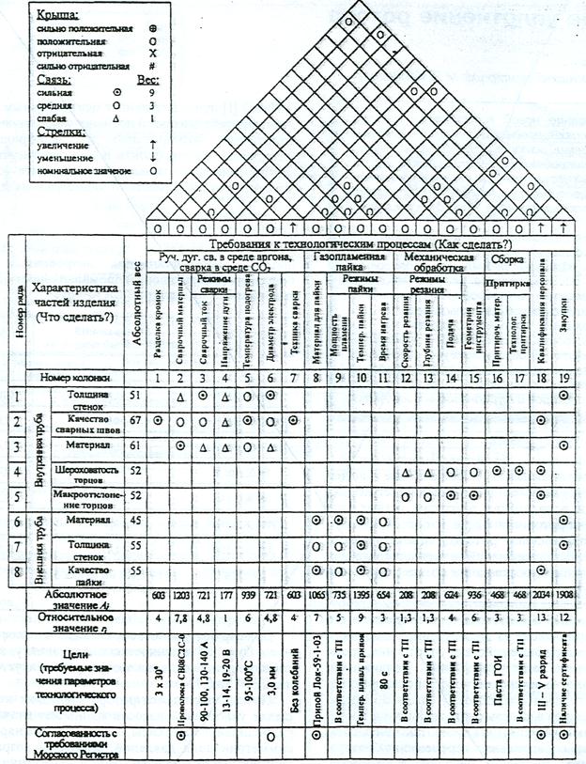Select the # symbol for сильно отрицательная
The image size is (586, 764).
[153, 67]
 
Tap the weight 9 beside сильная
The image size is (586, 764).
[153, 92]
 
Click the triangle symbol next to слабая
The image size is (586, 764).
[114, 117]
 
